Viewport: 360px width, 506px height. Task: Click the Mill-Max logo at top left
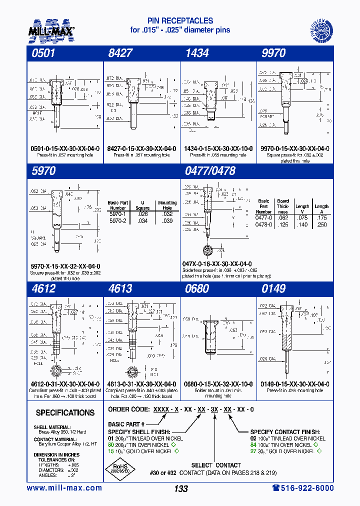[51, 29]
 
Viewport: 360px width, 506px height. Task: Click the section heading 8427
[120, 53]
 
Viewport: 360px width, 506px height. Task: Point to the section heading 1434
[196, 53]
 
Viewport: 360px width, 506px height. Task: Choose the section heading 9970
[273, 53]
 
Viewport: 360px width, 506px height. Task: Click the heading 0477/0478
[210, 171]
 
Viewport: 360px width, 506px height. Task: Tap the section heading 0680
[196, 289]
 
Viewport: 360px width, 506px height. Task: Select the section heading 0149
[273, 289]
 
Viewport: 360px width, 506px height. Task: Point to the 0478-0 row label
[263, 224]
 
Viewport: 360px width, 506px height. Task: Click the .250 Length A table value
[321, 224]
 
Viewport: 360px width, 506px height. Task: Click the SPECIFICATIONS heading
[65, 412]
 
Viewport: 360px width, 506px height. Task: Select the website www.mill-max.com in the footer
[64, 488]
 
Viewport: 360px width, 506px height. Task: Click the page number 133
[180, 489]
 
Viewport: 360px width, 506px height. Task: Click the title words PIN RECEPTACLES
[180, 21]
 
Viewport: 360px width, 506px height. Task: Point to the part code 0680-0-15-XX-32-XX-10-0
[217, 384]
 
